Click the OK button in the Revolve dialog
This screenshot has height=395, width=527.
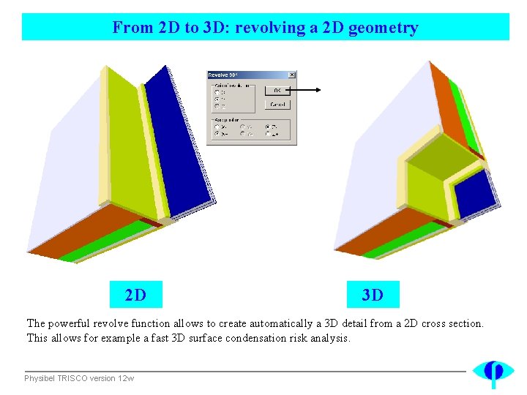click(x=278, y=90)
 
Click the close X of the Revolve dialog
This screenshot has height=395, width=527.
click(x=292, y=75)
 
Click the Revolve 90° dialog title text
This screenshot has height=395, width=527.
click(x=224, y=75)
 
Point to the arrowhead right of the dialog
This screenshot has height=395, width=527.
click(x=318, y=90)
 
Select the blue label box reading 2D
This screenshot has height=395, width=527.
click(x=135, y=295)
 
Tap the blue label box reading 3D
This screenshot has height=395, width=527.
click(x=373, y=295)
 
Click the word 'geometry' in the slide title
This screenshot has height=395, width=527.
click(x=384, y=28)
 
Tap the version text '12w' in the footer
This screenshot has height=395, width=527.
click(x=127, y=378)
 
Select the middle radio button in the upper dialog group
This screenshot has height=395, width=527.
click(x=217, y=99)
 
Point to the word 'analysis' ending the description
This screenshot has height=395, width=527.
click(x=331, y=338)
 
